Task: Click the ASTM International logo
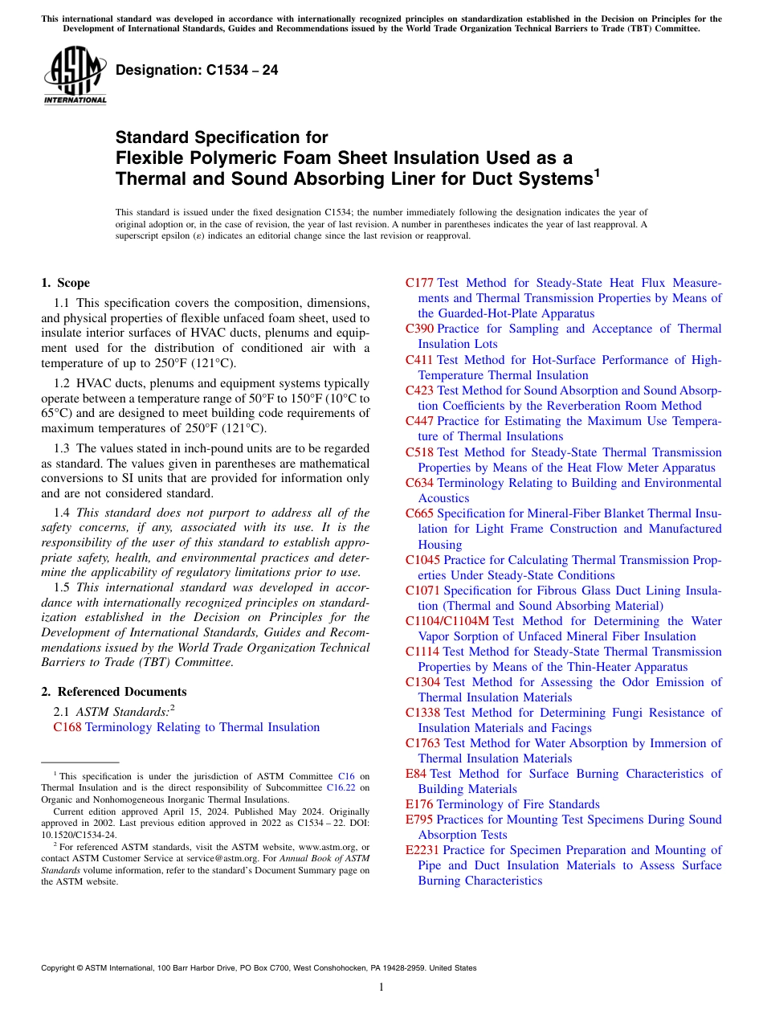75,76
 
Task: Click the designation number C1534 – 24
197,70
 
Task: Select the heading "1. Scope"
65,283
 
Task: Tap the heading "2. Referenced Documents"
113,692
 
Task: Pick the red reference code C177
419,283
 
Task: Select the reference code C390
419,329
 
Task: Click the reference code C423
419,390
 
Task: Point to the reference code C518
419,452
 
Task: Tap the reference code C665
419,513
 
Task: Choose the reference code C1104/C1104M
447,621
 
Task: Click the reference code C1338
422,713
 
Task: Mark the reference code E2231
422,850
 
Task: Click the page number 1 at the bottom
381,987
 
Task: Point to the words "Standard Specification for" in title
222,138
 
